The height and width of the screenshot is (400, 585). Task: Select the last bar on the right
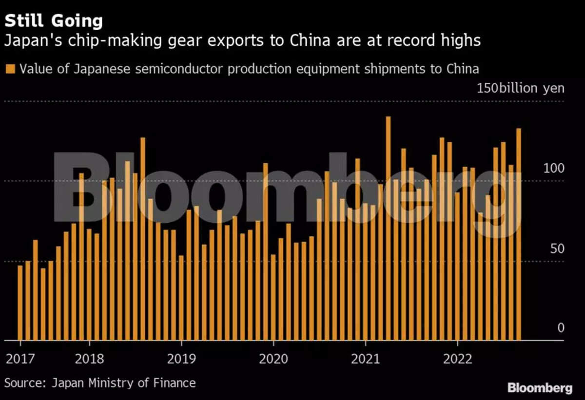pyautogui.click(x=519, y=234)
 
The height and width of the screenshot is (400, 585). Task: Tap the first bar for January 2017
pyautogui.click(x=20, y=303)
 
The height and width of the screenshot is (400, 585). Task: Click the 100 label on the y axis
pyautogui.click(x=554, y=169)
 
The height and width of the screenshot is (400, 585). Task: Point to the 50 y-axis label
pyautogui.click(x=557, y=249)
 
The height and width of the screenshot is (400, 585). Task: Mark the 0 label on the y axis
pyautogui.click(x=561, y=328)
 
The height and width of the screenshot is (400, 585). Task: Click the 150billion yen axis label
pyautogui.click(x=521, y=88)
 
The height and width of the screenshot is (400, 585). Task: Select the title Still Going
pyautogui.click(x=54, y=21)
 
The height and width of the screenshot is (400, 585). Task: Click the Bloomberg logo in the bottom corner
pyautogui.click(x=540, y=388)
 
